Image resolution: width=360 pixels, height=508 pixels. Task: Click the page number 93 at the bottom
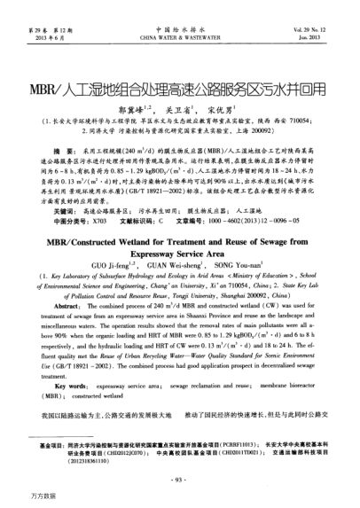click(179, 480)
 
